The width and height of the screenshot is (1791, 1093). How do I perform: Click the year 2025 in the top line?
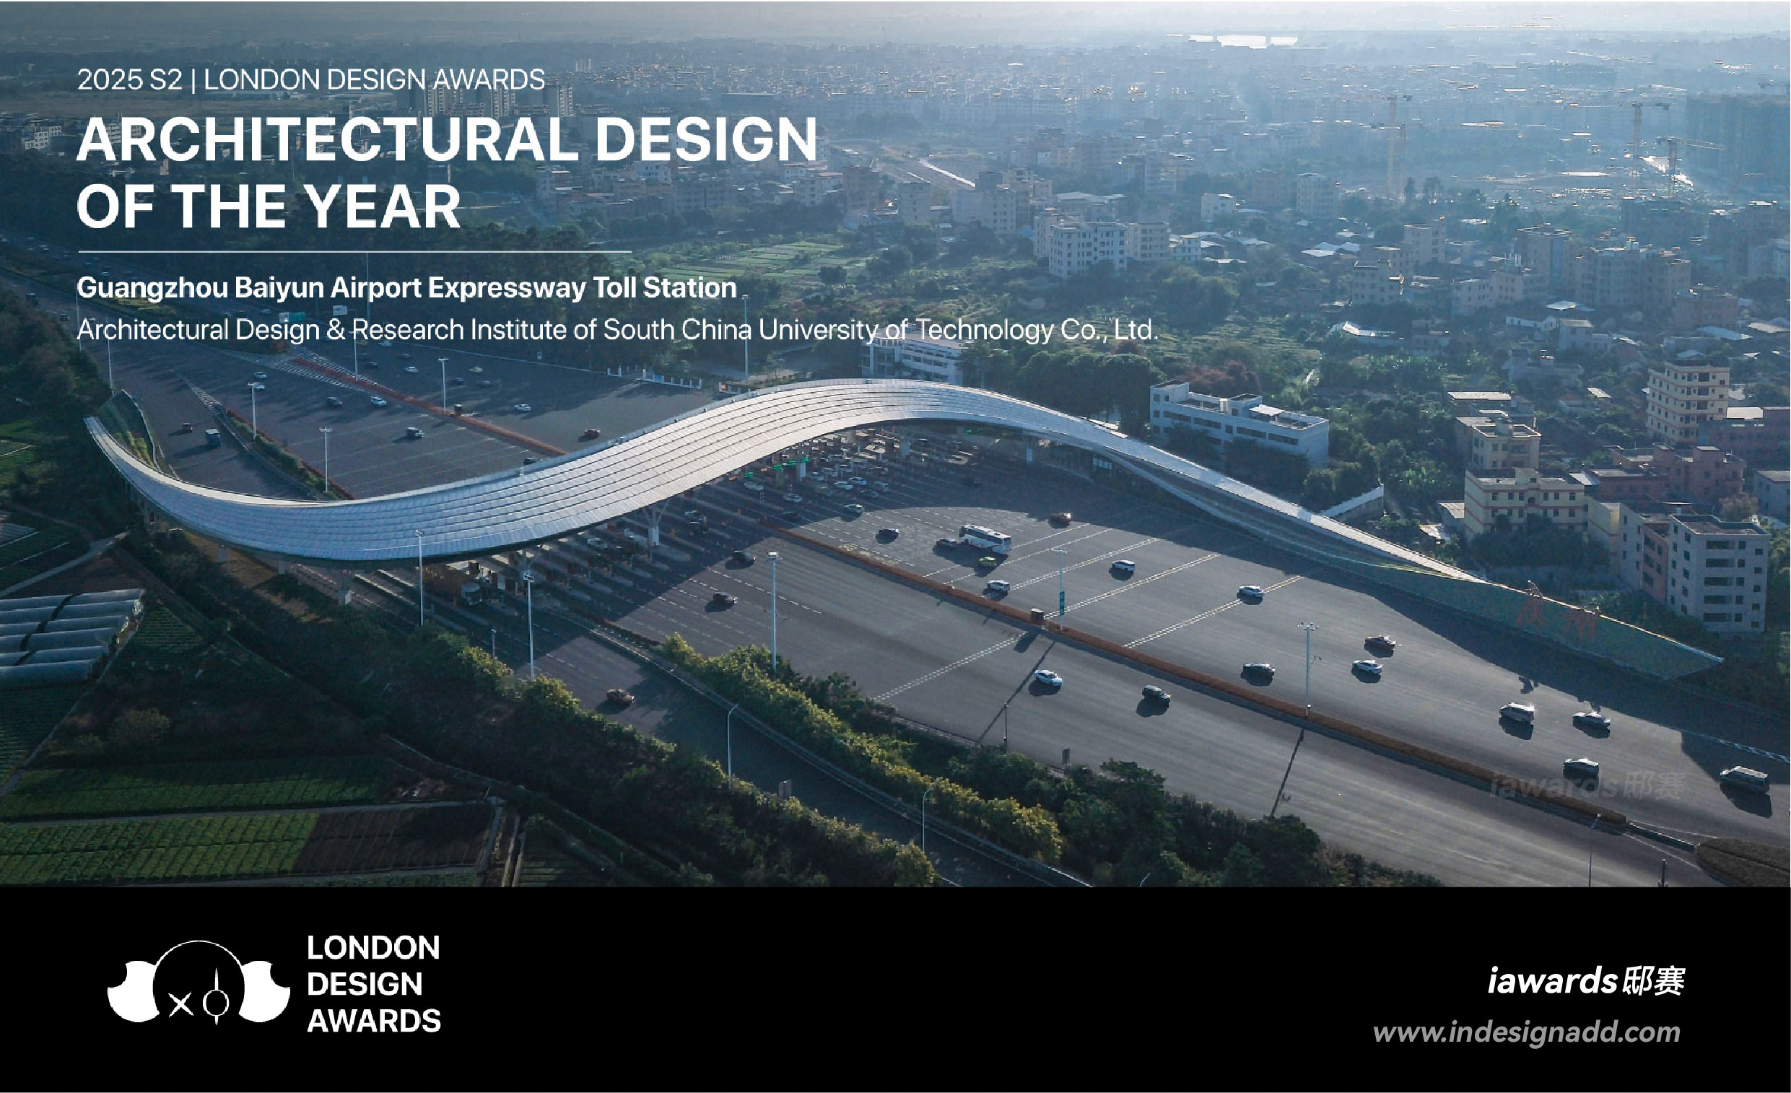point(110,79)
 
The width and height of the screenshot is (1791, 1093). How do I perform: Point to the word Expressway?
point(507,289)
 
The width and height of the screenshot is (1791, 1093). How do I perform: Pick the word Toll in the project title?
point(616,288)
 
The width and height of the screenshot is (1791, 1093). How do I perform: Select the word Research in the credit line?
point(408,330)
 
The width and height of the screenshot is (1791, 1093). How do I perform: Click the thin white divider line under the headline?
point(354,252)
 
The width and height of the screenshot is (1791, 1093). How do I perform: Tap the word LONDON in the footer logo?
point(374,948)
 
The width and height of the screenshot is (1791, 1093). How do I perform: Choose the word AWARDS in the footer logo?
point(374,1021)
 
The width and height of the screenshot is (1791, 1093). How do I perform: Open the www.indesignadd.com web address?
point(1526,1032)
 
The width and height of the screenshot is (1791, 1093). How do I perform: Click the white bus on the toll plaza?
point(985,539)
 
